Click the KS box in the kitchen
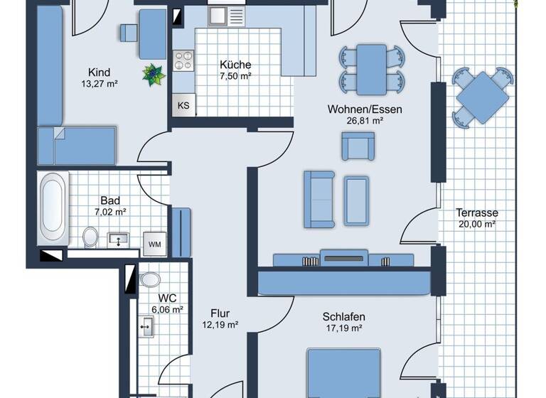click(x=183, y=106)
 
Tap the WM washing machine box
click(x=154, y=244)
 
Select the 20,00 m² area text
click(x=477, y=224)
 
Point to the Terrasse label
click(x=477, y=213)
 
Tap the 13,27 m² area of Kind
click(x=100, y=83)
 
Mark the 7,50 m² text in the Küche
click(x=235, y=76)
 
